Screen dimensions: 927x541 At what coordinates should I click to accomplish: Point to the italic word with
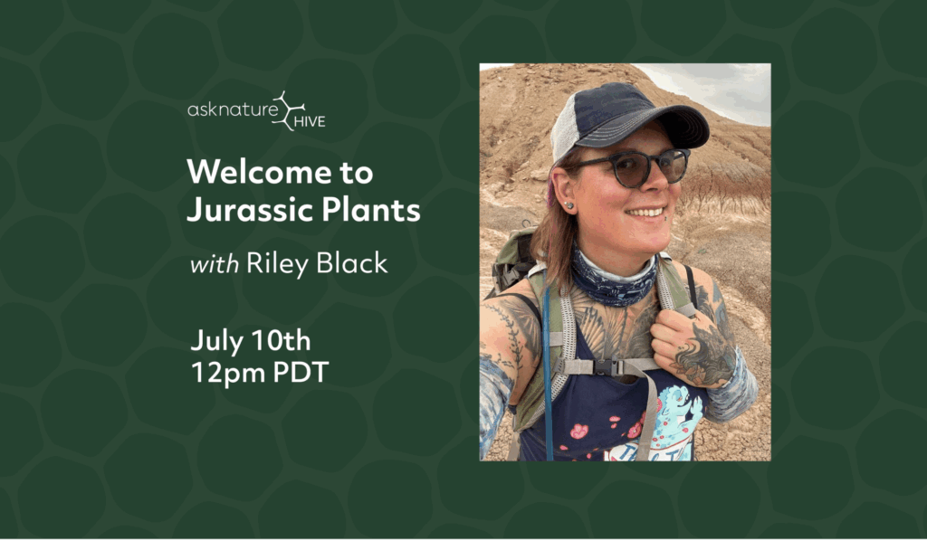(x=214, y=264)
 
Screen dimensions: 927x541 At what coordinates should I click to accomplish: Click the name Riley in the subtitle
(x=277, y=264)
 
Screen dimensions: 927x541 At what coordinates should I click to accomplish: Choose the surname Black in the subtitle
(x=352, y=263)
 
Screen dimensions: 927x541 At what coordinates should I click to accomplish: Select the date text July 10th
(x=251, y=341)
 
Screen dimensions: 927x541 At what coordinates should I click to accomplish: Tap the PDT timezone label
(x=301, y=372)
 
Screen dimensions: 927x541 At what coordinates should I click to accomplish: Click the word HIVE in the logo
(x=310, y=121)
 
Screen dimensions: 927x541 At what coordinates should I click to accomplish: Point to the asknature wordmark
(x=233, y=109)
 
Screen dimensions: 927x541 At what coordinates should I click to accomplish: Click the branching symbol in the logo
(x=290, y=110)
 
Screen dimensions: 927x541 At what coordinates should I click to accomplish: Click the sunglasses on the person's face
(x=636, y=166)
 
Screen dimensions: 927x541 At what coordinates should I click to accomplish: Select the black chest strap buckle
(x=606, y=367)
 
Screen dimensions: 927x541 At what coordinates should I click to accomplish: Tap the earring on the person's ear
(x=570, y=205)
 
